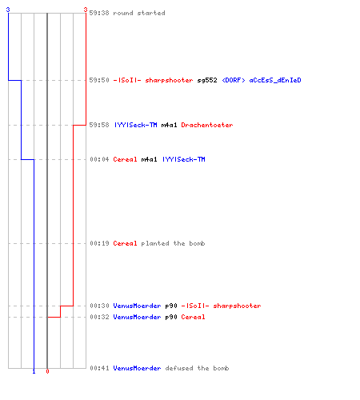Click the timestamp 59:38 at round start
coord(99,13)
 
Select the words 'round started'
coord(139,13)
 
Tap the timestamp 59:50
coord(99,80)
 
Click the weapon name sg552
coord(207,80)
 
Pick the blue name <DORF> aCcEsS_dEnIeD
coord(262,80)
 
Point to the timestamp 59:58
coord(99,125)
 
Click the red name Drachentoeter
coord(207,125)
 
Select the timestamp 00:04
coord(99,159)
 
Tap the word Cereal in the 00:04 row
coord(125,159)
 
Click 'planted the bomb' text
coord(173,243)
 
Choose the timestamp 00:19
coord(99,243)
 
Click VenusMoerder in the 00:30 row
coord(137,306)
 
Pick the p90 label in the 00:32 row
coord(171,317)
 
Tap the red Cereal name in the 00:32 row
coord(193,317)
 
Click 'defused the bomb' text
coord(197,368)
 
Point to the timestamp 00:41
coord(99,368)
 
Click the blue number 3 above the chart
coord(8,10)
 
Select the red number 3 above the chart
coord(86,10)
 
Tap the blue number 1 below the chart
coord(34,371)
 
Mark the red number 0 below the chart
coord(47,371)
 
